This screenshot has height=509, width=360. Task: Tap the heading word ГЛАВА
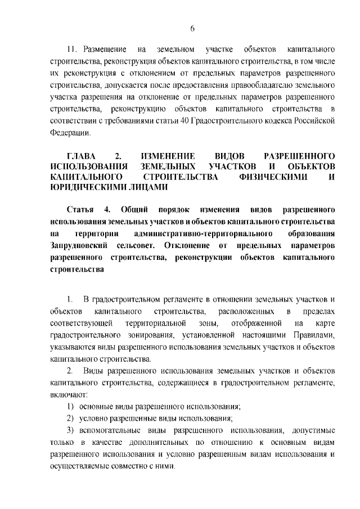point(82,156)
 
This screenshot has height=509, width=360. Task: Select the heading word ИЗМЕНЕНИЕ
point(169,156)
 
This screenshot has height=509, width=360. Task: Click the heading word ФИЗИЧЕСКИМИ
point(269,177)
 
